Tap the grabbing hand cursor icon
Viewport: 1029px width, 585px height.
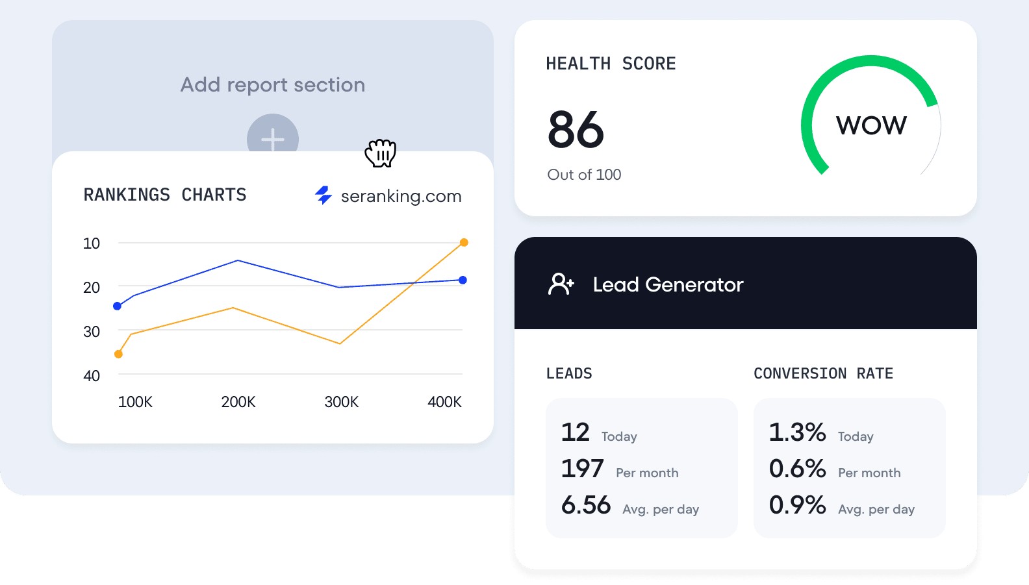[381, 153]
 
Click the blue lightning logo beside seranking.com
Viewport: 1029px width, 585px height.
[324, 195]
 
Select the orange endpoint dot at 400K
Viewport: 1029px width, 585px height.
[464, 243]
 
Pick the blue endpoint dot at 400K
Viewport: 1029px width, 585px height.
[463, 280]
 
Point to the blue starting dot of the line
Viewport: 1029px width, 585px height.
[118, 306]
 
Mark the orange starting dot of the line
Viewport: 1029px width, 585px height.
[118, 354]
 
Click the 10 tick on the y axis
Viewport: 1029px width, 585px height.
[92, 243]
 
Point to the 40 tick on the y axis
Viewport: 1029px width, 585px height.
[92, 376]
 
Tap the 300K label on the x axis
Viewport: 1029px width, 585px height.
[342, 402]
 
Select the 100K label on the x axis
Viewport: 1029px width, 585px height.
[135, 402]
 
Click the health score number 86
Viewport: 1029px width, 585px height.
[576, 130]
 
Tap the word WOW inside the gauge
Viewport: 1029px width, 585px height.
[871, 125]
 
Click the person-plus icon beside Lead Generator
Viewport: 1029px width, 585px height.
[561, 284]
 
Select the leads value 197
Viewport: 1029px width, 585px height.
[583, 469]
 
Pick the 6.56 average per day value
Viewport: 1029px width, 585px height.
[586, 505]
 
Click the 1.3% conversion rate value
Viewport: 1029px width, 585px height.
[797, 432]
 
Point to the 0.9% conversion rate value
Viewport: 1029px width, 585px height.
[797, 505]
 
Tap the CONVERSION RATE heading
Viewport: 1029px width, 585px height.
[823, 373]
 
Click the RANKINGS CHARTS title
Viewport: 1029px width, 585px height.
[165, 195]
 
